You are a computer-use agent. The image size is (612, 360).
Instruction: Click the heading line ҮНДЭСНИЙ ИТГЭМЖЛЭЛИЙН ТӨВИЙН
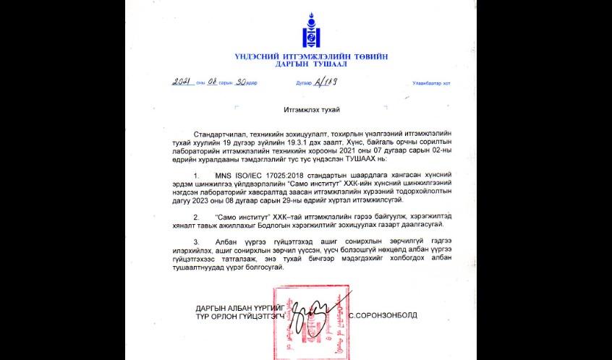[x=308, y=56]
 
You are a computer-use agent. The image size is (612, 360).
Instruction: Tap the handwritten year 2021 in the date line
[x=181, y=82]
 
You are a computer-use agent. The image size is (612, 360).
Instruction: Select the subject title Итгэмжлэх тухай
[x=308, y=110]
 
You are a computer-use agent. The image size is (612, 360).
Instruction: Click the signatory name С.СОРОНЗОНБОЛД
[x=383, y=315]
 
